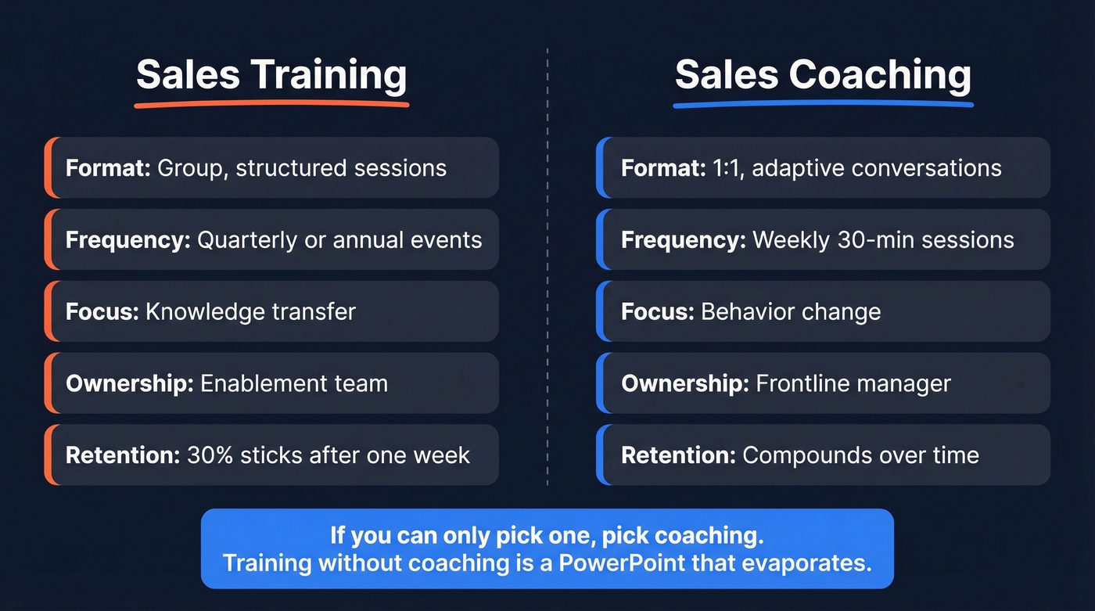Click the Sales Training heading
[271, 75]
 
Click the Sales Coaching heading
[823, 75]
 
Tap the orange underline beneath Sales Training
[271, 102]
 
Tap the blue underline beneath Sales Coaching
[823, 102]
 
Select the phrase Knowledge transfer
[250, 311]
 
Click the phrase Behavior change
[791, 311]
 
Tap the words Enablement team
[294, 383]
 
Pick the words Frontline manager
[853, 383]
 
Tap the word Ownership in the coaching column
[684, 383]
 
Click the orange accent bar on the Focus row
[48, 311]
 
